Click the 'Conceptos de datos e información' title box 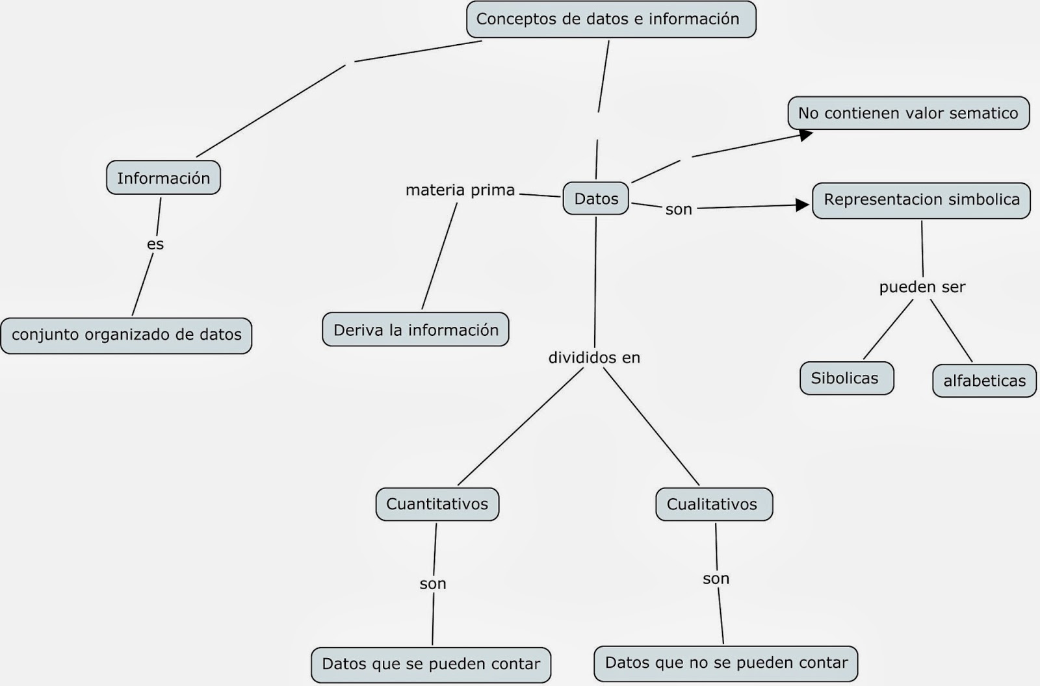point(611,19)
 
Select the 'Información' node point(163,178)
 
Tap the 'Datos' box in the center point(596,199)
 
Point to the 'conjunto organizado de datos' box point(126,335)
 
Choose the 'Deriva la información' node point(415,330)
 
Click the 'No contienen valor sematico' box point(908,113)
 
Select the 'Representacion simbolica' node point(921,200)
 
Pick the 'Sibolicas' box point(846,378)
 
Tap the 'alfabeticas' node point(984,381)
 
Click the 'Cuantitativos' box point(437,504)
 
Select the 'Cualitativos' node point(714,505)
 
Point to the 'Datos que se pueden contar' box point(431,664)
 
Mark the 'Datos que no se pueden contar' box point(726,663)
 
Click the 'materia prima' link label point(460,190)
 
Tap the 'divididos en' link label point(594,358)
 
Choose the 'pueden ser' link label point(922,287)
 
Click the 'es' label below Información point(155,244)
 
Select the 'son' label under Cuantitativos point(433,584)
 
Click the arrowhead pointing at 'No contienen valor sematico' point(806,135)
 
